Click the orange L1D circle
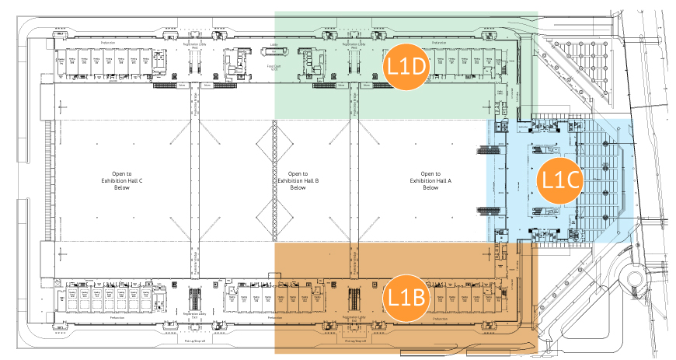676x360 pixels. [x=408, y=67]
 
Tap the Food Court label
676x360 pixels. [x=274, y=68]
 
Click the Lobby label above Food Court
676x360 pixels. [x=274, y=45]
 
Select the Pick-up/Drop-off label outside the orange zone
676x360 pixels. [x=193, y=341]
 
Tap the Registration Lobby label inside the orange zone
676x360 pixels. [x=354, y=317]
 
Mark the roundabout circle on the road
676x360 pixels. [x=637, y=280]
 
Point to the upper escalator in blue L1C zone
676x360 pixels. [x=544, y=148]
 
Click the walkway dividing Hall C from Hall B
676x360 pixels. [x=191, y=180]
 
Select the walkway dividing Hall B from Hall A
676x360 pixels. [x=357, y=180]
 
